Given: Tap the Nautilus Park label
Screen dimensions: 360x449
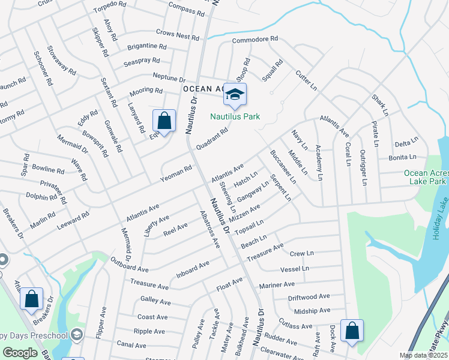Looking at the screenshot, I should pos(235,116).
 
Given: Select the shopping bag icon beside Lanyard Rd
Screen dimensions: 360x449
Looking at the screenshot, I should pos(164,121).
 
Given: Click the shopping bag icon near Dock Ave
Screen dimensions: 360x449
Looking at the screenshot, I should pos(351,330).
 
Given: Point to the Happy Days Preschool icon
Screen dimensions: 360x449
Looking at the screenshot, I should pos(76,334).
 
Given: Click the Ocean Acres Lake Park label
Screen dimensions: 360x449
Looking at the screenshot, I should pos(424,176).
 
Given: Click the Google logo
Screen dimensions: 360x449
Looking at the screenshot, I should pos(20,353).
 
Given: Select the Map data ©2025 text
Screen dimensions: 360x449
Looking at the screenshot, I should pos(423,355).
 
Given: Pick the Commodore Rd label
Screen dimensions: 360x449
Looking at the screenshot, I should pos(255,39).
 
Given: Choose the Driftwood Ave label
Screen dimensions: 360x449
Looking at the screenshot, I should pos(309,296).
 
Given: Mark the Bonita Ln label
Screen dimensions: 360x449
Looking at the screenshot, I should pos(402,157).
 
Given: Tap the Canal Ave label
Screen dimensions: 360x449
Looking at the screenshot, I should pos(131,346).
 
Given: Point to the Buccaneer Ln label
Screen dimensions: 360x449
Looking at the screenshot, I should pos(283,167).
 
